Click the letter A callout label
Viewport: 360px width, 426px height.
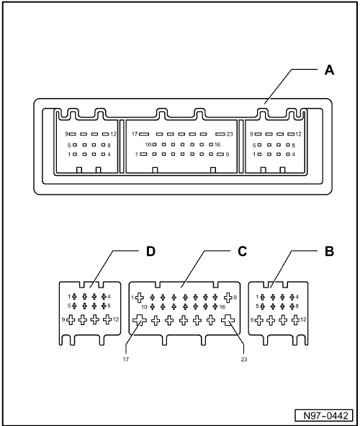click(329, 70)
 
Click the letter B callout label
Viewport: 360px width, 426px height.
click(329, 252)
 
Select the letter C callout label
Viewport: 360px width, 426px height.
click(242, 252)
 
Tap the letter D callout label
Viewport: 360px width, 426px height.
click(150, 252)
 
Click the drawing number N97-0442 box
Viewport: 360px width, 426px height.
click(324, 416)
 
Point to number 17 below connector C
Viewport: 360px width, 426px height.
click(125, 360)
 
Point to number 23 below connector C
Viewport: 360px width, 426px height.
click(244, 360)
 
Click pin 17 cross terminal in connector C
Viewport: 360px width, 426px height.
click(140, 320)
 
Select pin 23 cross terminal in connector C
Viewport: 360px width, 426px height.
click(228, 320)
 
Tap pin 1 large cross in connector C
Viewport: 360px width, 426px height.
click(140, 298)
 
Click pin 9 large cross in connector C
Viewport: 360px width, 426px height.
click(228, 298)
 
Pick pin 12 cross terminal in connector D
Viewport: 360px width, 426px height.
click(107, 319)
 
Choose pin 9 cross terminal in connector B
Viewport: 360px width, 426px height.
click(259, 320)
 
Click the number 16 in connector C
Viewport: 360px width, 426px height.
click(222, 307)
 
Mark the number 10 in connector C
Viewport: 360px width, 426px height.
click(144, 307)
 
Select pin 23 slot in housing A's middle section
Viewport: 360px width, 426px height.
click(220, 134)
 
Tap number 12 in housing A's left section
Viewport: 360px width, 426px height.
click(113, 134)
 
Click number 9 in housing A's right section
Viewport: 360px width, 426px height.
click(251, 134)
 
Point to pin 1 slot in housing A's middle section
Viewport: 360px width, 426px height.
click(143, 154)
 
